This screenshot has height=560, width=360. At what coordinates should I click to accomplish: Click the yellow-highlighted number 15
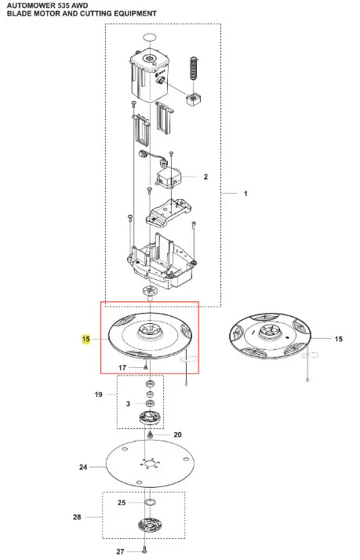coord(86,339)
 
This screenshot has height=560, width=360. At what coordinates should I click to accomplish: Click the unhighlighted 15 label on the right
coord(339,339)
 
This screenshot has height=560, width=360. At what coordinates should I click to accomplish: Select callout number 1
coord(245,194)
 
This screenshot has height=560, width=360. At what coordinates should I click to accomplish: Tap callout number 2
coord(205,176)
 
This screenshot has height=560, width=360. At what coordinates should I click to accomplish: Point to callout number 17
coord(122,368)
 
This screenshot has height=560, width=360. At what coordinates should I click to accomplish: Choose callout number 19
coord(99,395)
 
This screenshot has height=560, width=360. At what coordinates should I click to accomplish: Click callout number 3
coord(128,404)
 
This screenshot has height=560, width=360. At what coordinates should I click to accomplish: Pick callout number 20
coord(177,435)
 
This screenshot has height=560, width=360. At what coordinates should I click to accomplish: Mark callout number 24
coord(83,467)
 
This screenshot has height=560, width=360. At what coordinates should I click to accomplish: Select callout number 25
coord(122,503)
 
